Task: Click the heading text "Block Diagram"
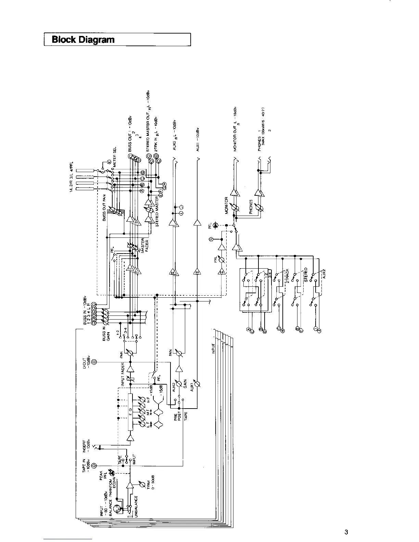[83, 40]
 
